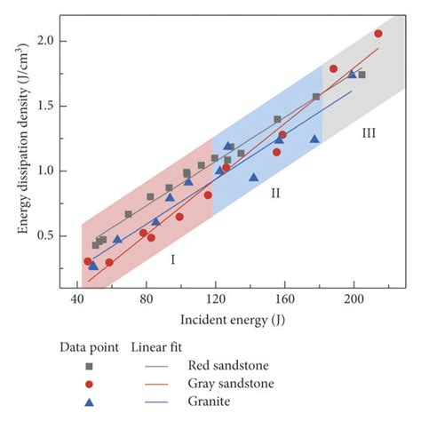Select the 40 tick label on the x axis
(78, 301)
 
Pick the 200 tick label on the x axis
(353, 301)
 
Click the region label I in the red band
(172, 259)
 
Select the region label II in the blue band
(275, 193)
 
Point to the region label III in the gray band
(369, 133)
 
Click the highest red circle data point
(378, 34)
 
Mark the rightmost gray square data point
(361, 75)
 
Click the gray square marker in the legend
(89, 365)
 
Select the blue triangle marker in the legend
(89, 402)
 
